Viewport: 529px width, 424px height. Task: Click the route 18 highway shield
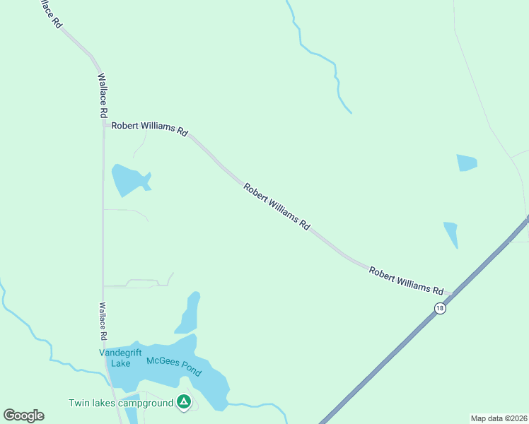point(440,309)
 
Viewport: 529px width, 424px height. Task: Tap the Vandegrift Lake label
point(115,358)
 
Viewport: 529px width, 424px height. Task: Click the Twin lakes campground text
point(121,404)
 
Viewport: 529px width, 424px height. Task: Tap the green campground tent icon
point(184,402)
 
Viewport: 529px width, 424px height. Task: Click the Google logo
point(23,416)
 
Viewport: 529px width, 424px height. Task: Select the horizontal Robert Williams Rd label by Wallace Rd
point(149,130)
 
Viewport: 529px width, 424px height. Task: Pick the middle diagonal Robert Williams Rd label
point(277,206)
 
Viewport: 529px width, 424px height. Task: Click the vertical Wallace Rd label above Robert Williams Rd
point(103,95)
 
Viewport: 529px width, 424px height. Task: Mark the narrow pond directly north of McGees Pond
point(190,313)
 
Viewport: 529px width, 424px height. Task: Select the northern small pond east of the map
point(467,163)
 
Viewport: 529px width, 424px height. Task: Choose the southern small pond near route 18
point(451,233)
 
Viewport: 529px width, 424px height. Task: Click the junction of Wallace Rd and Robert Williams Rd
point(105,126)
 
